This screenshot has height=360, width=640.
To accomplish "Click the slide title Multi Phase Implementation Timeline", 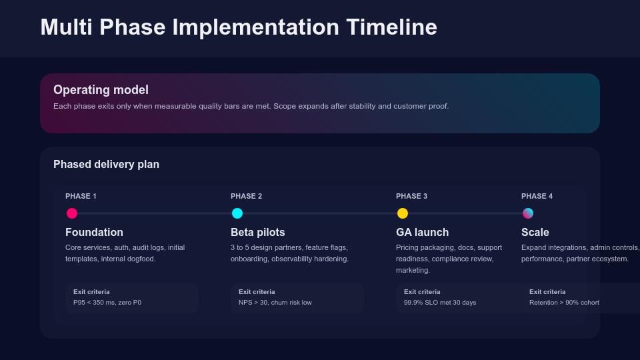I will [239, 27].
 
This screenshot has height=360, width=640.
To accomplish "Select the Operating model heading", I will [101, 90].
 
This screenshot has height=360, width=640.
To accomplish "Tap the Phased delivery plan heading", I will [106, 165].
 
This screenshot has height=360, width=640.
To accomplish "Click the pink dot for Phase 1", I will [72, 213].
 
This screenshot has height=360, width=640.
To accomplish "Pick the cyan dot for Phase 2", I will [237, 213].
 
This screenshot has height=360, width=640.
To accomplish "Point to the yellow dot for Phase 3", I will [403, 213].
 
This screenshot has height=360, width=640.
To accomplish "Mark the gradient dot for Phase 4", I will [528, 213].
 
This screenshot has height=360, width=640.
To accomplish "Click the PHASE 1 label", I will [81, 196].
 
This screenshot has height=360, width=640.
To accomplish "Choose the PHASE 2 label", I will [246, 196].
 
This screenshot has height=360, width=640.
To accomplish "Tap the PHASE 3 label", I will [411, 196].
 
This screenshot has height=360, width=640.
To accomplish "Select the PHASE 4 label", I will [537, 196].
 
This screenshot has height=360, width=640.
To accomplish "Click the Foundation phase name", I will [94, 233].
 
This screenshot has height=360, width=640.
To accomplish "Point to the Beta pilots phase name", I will [257, 233].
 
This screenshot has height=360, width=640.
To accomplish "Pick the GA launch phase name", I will [422, 233].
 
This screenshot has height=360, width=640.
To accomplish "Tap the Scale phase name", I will [535, 233].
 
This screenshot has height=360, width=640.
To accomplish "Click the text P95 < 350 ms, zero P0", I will [107, 303].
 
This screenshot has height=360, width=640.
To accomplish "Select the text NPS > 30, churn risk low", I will [275, 303].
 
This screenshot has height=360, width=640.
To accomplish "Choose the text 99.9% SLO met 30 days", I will [440, 303].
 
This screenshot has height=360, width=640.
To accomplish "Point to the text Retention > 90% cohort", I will [564, 303].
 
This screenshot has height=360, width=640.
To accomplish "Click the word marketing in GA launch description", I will [413, 271].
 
